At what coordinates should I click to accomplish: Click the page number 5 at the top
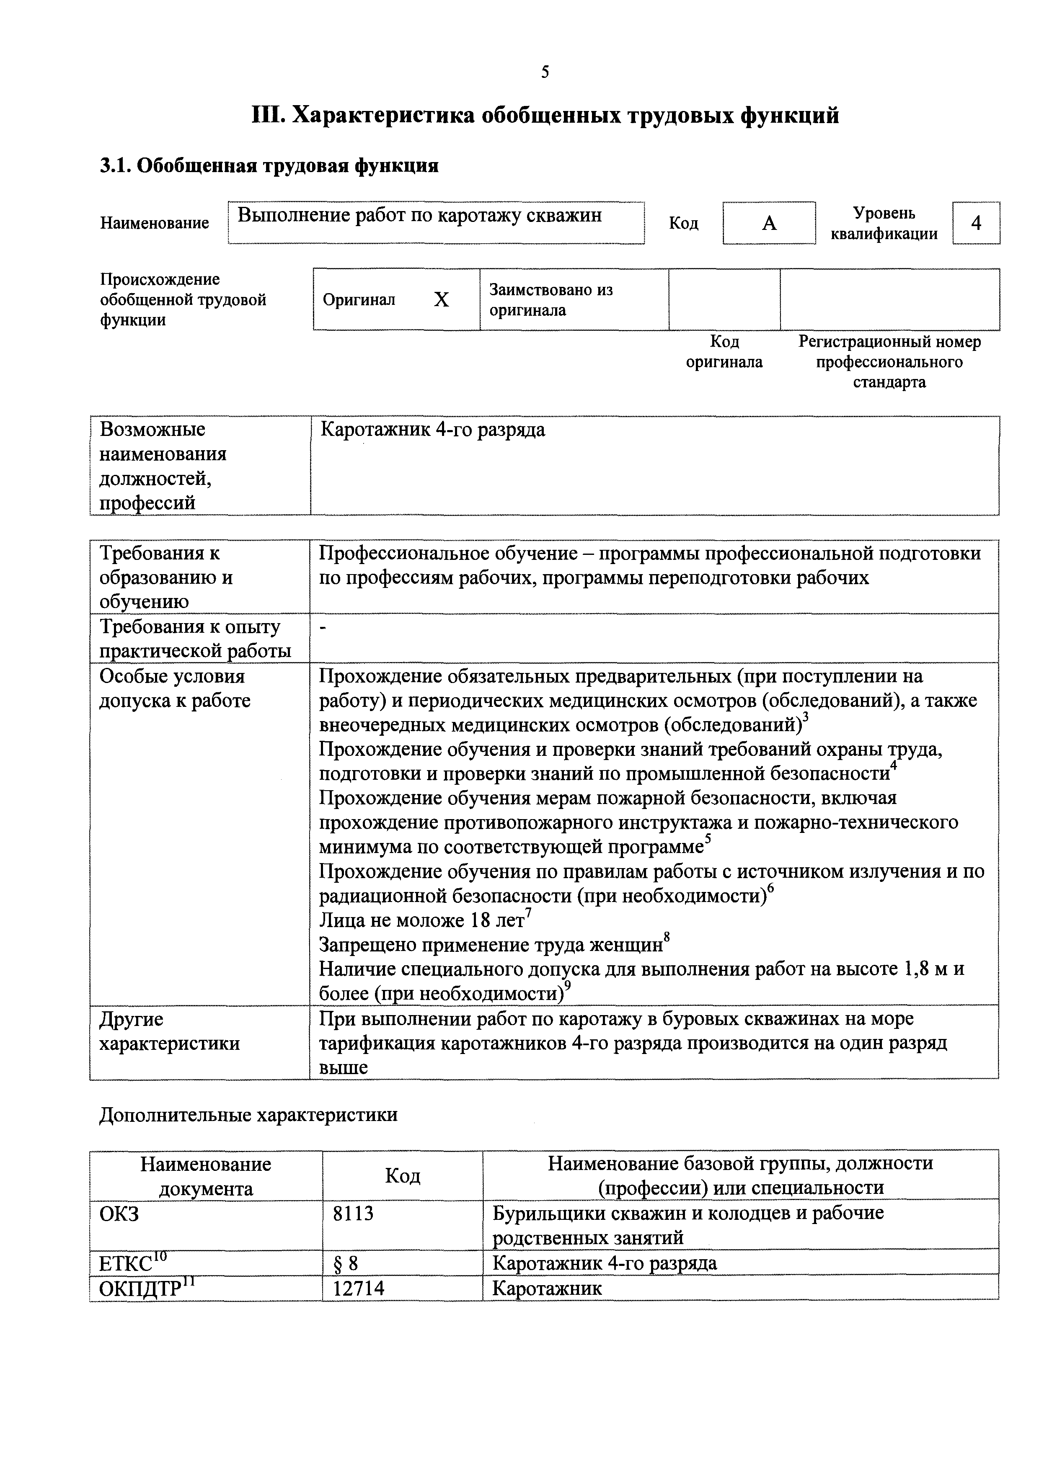(x=545, y=72)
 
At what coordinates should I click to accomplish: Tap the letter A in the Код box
(x=769, y=223)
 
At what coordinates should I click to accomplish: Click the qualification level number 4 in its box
(x=976, y=223)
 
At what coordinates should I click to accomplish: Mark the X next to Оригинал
(x=441, y=299)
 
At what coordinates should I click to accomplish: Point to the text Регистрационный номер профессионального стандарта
(x=889, y=362)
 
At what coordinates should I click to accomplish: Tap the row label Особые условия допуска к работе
(x=174, y=688)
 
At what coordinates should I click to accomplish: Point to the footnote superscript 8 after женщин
(x=667, y=937)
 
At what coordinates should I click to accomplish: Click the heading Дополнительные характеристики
(x=248, y=1115)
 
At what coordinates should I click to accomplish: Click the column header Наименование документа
(x=205, y=1176)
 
